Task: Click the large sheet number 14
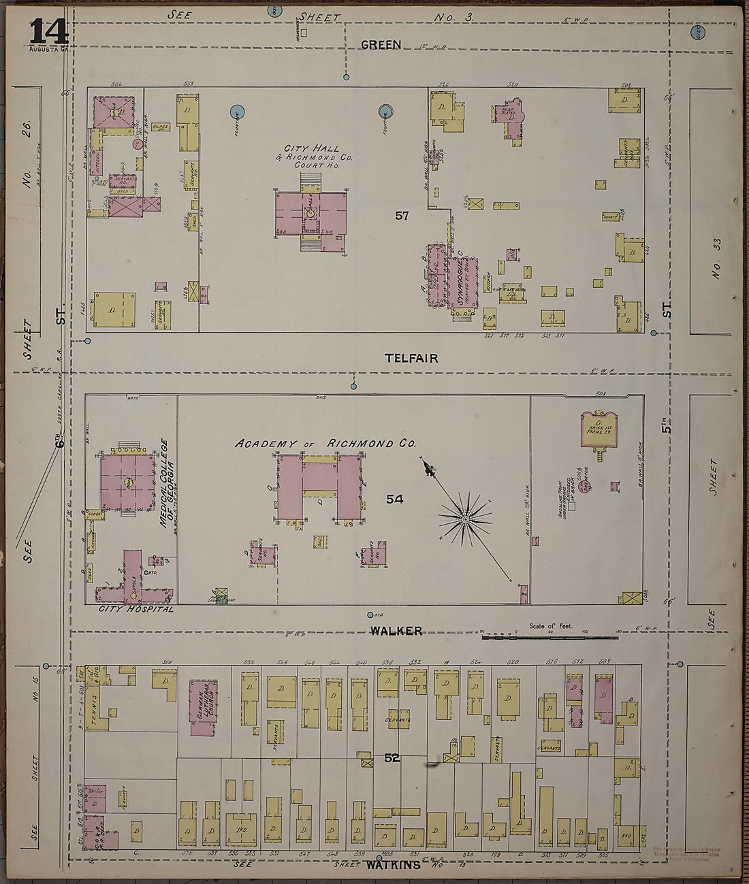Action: [48, 31]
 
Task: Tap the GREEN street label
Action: [381, 45]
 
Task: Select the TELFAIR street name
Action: [410, 358]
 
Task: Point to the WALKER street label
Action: [396, 631]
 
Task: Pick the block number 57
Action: [402, 216]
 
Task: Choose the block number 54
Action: [395, 499]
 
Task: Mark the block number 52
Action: [391, 757]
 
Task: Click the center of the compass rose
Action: [466, 520]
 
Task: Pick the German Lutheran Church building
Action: [202, 708]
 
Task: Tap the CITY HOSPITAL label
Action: [136, 608]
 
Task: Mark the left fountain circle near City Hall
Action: [237, 110]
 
